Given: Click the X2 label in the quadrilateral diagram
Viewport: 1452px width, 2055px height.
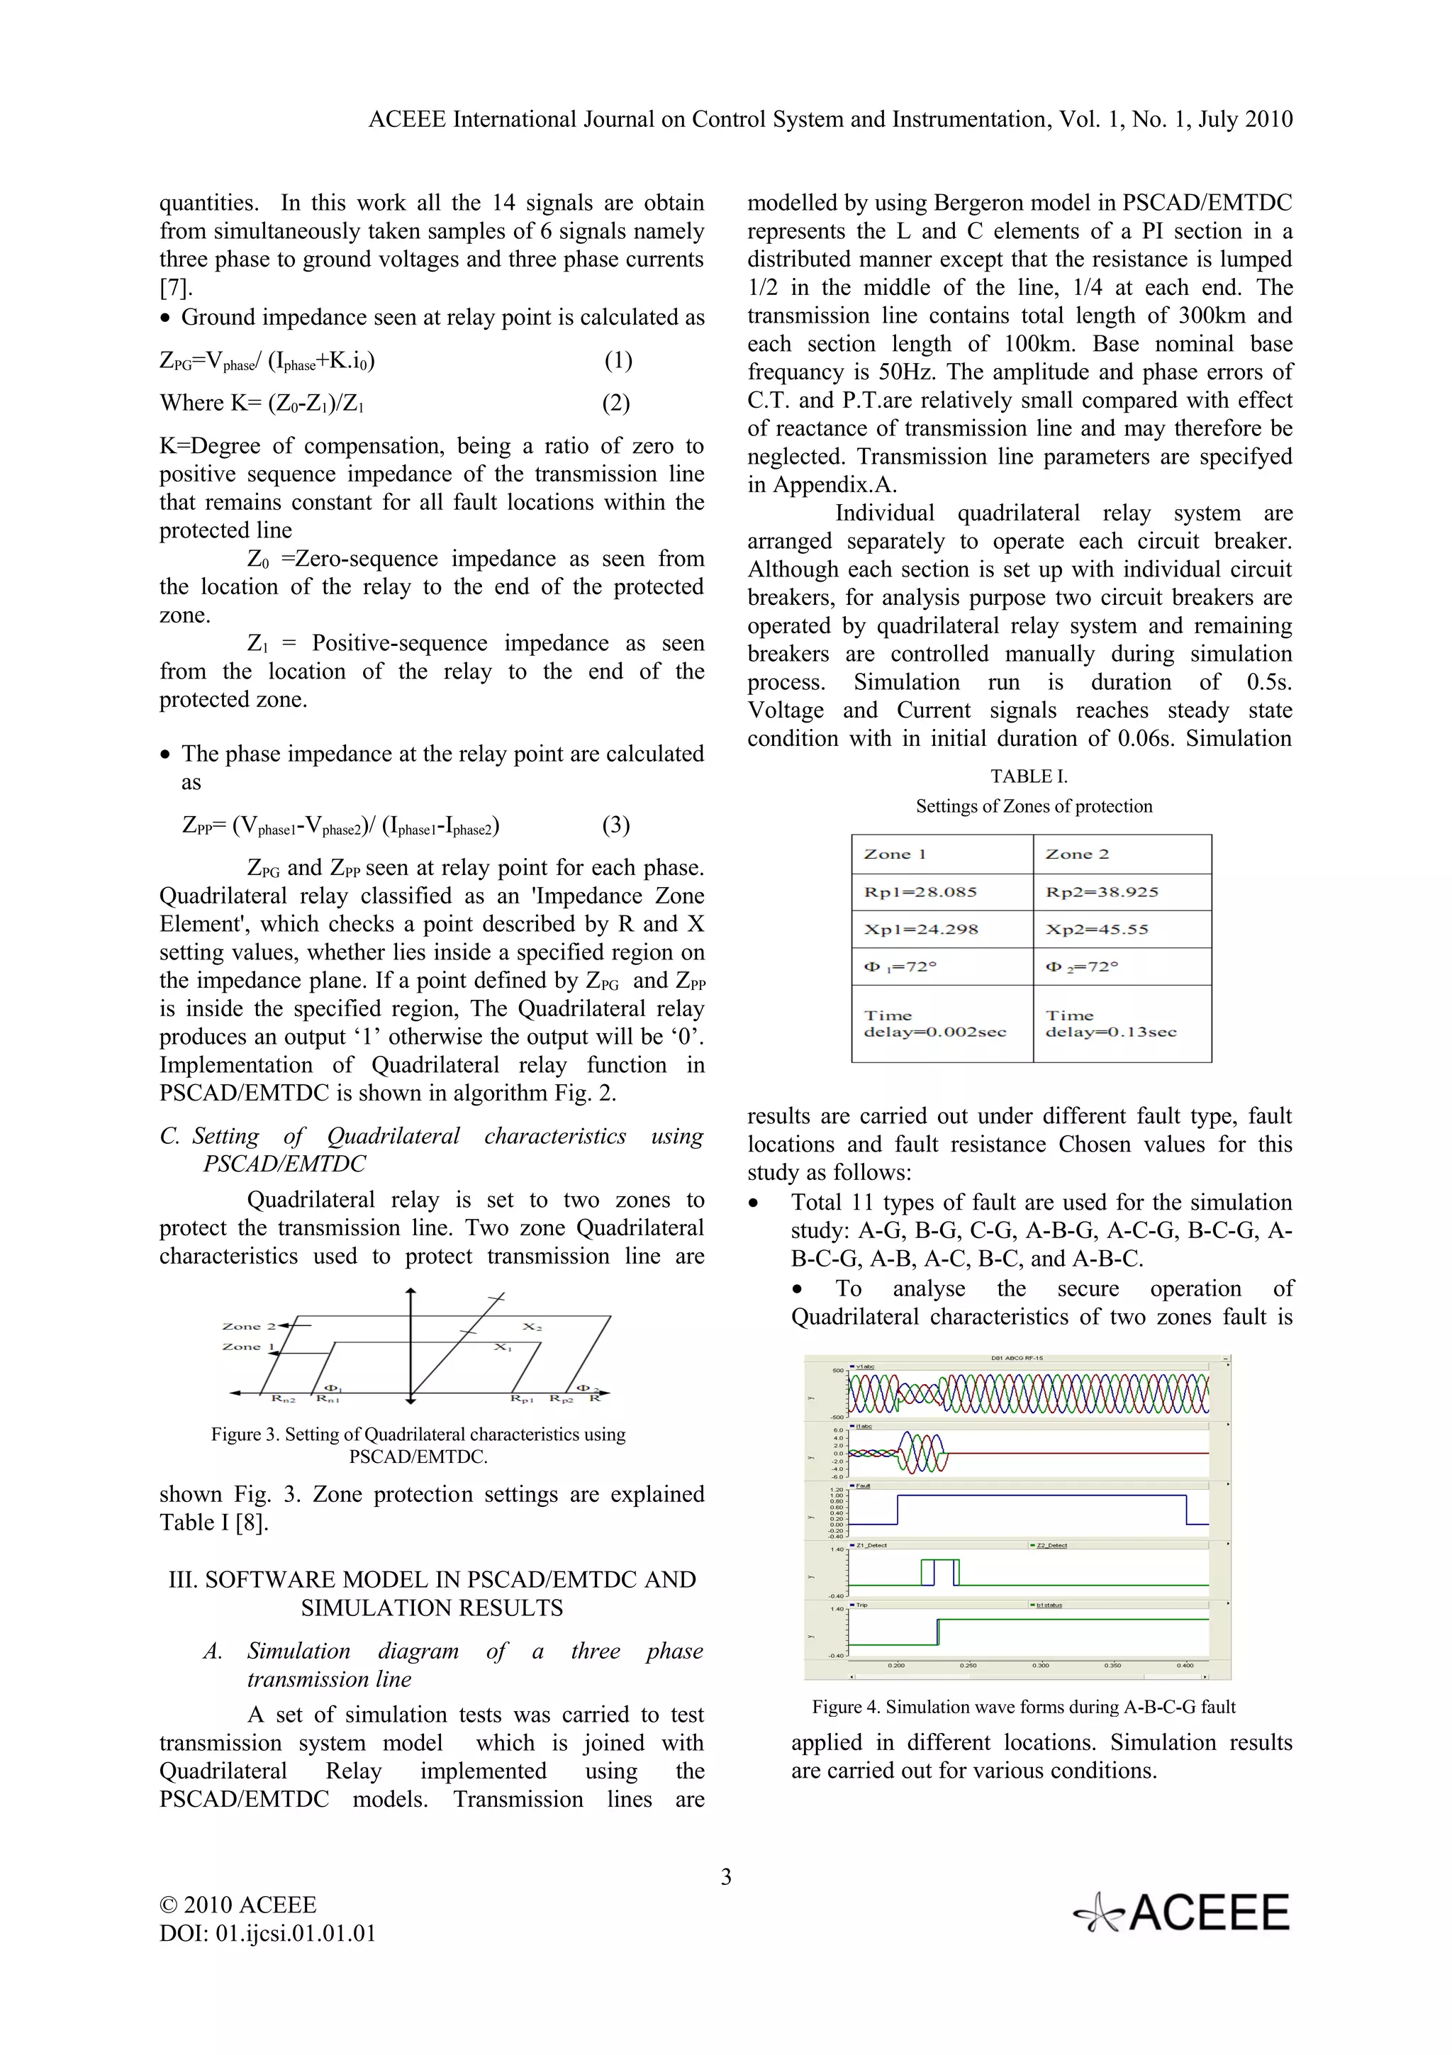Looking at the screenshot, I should [x=532, y=1327].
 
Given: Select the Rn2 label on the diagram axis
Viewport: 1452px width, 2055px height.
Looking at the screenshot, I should [x=284, y=1399].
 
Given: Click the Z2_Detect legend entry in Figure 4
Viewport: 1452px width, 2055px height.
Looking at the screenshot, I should [x=1051, y=1545].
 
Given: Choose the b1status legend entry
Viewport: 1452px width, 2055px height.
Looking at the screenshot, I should [x=1049, y=1605].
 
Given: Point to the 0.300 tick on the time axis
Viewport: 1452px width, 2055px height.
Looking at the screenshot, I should [x=1041, y=1666].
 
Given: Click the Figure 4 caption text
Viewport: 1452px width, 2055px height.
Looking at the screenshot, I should [x=1024, y=1707].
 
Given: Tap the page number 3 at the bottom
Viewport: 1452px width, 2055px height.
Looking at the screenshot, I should [x=725, y=1877].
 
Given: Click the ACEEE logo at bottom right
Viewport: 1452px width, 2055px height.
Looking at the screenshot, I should [x=1183, y=1912].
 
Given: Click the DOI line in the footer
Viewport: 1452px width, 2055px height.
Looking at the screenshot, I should [x=267, y=1933].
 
